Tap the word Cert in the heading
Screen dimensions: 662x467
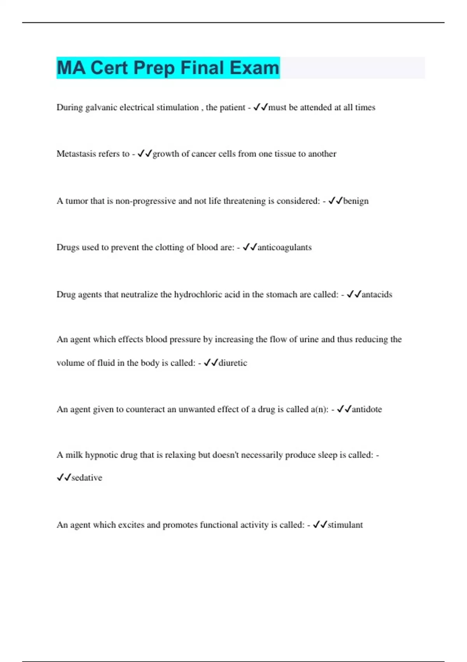click(x=109, y=68)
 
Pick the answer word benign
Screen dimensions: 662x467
click(x=356, y=201)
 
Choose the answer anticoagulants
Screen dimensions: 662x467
click(x=284, y=247)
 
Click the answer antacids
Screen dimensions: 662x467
click(x=377, y=294)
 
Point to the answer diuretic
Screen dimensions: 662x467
click(x=233, y=363)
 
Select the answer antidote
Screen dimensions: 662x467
click(x=367, y=409)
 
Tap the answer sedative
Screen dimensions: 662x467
click(x=87, y=478)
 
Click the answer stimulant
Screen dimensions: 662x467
click(x=345, y=525)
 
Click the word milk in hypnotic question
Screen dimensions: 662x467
click(x=74, y=455)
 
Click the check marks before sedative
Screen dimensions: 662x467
click(x=64, y=477)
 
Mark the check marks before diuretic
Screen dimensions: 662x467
click(x=211, y=363)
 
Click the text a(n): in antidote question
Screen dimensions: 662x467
click(x=320, y=409)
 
